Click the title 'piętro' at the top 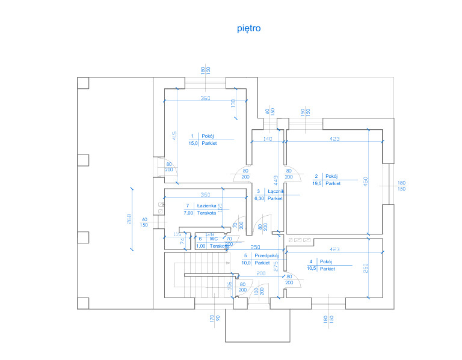[x=249, y=28]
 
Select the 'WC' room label [x=213, y=239]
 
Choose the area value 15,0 [x=194, y=144]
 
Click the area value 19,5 [x=316, y=183]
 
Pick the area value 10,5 [x=311, y=269]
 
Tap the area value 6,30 [x=259, y=198]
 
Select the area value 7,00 [x=188, y=213]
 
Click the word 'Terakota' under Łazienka [x=206, y=213]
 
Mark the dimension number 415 [x=174, y=137]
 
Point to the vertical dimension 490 [x=365, y=180]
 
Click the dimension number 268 [x=129, y=219]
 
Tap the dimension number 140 [x=268, y=139]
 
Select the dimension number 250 [x=255, y=247]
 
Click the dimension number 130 [x=233, y=103]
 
